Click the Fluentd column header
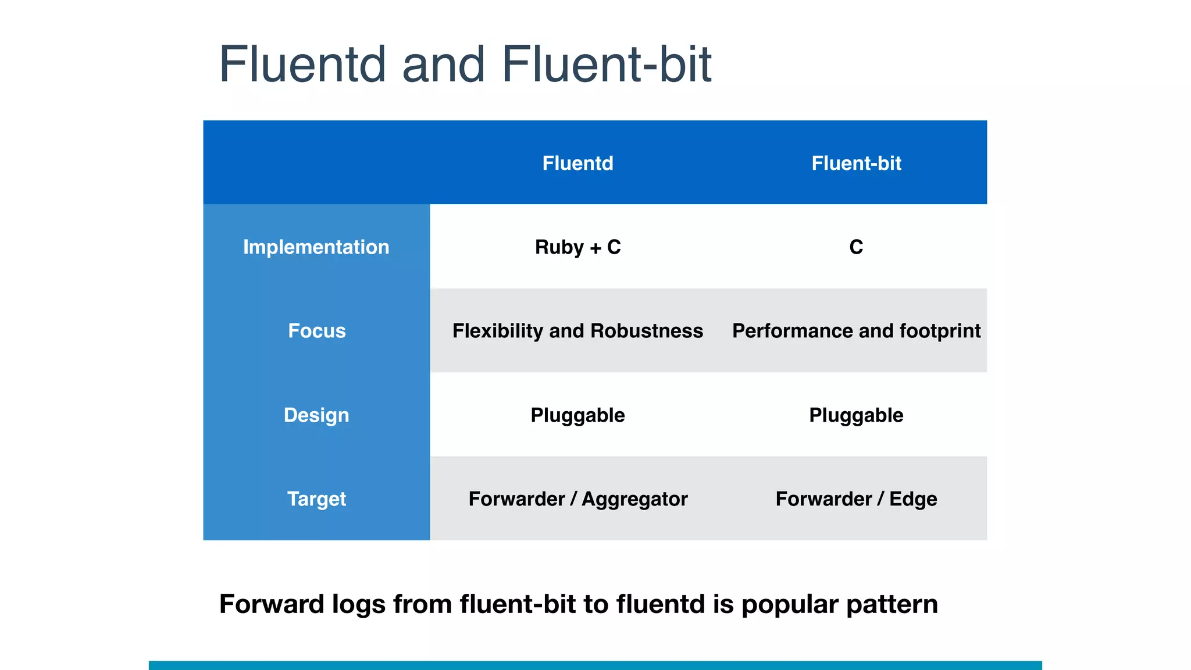(577, 163)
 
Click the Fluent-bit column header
(856, 163)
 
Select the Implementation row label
(316, 247)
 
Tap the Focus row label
(316, 331)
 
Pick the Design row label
(316, 415)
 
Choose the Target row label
(316, 499)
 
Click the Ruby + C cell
(577, 247)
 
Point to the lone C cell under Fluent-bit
(856, 247)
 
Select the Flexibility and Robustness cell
(577, 331)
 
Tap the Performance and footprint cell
(856, 331)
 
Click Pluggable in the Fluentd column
(577, 415)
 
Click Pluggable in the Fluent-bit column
(856, 415)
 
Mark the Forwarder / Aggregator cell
(577, 499)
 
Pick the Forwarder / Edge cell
(856, 499)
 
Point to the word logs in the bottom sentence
(358, 605)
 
